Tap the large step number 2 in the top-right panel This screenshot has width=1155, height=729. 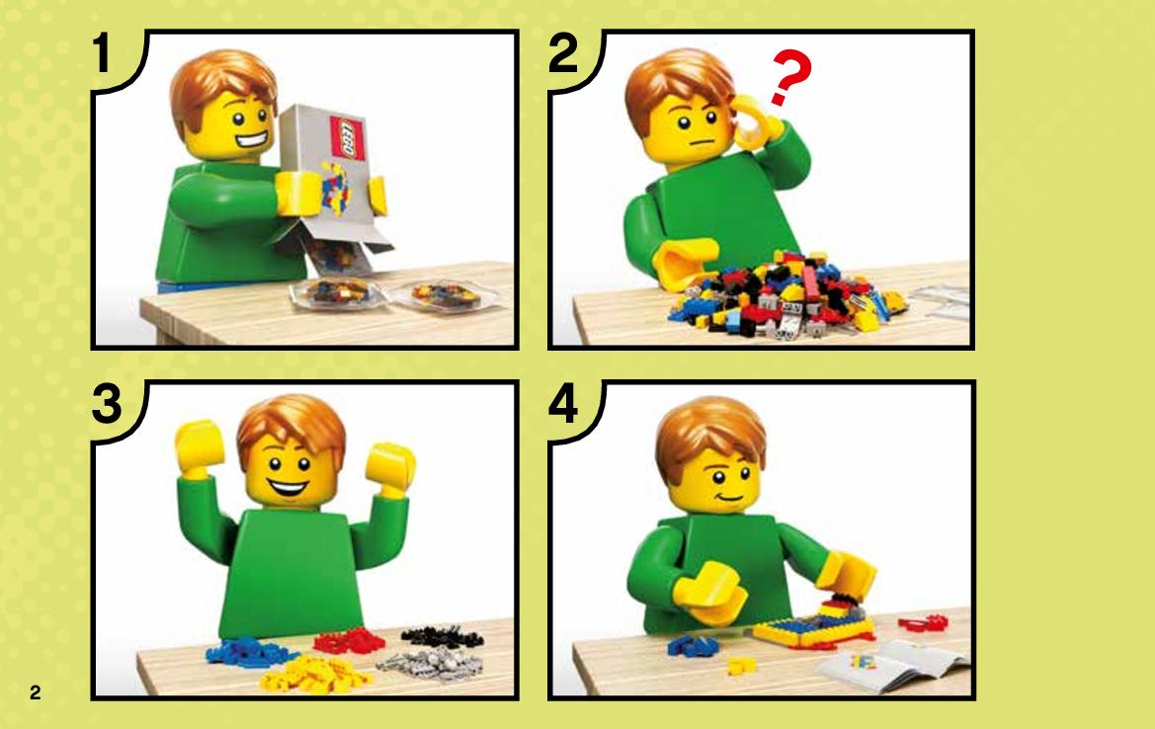pos(563,54)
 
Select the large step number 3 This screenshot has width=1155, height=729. pos(108,404)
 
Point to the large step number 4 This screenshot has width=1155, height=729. pos(563,404)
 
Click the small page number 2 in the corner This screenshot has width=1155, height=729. pos(36,692)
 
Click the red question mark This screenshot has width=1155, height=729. pos(790,78)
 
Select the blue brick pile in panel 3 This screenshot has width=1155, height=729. pos(249,651)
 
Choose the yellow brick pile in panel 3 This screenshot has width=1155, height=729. pos(318,674)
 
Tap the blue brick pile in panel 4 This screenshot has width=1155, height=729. pos(694,646)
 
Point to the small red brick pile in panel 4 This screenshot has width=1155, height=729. pos(923,623)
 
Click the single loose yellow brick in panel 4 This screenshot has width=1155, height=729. pos(741,666)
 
